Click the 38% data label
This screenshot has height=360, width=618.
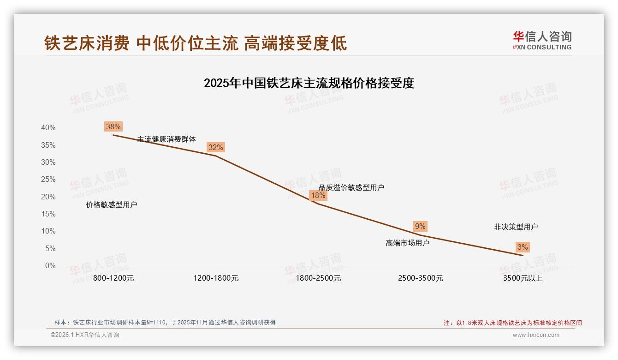pyautogui.click(x=113, y=126)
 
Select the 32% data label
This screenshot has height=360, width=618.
pyautogui.click(x=216, y=147)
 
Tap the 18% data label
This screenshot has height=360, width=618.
pyautogui.click(x=318, y=195)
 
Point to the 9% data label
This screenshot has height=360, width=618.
pyautogui.click(x=420, y=226)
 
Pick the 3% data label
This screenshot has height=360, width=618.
pyautogui.click(x=523, y=247)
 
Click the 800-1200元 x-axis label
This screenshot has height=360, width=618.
pyautogui.click(x=113, y=278)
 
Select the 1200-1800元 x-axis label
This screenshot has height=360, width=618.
pyautogui.click(x=216, y=278)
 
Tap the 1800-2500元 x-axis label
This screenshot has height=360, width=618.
pyautogui.click(x=318, y=278)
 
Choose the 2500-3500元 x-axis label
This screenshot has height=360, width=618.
pyautogui.click(x=421, y=278)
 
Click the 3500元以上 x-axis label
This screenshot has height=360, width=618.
pyautogui.click(x=523, y=278)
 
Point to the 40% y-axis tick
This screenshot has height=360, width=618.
pyautogui.click(x=48, y=128)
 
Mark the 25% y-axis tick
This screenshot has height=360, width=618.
pyautogui.click(x=48, y=180)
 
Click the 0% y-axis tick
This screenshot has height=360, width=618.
pyautogui.click(x=50, y=266)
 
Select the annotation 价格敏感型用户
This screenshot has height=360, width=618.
pyautogui.click(x=112, y=204)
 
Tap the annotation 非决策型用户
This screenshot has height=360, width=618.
pyautogui.click(x=516, y=227)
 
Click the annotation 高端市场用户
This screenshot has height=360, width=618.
pyautogui.click(x=408, y=243)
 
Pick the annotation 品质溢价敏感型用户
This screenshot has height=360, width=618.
pyautogui.click(x=351, y=187)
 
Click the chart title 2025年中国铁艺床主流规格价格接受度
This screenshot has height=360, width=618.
pyautogui.click(x=309, y=83)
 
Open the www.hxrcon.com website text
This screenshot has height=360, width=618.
pyautogui.click(x=536, y=335)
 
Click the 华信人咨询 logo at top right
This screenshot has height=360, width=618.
pyautogui.click(x=542, y=40)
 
